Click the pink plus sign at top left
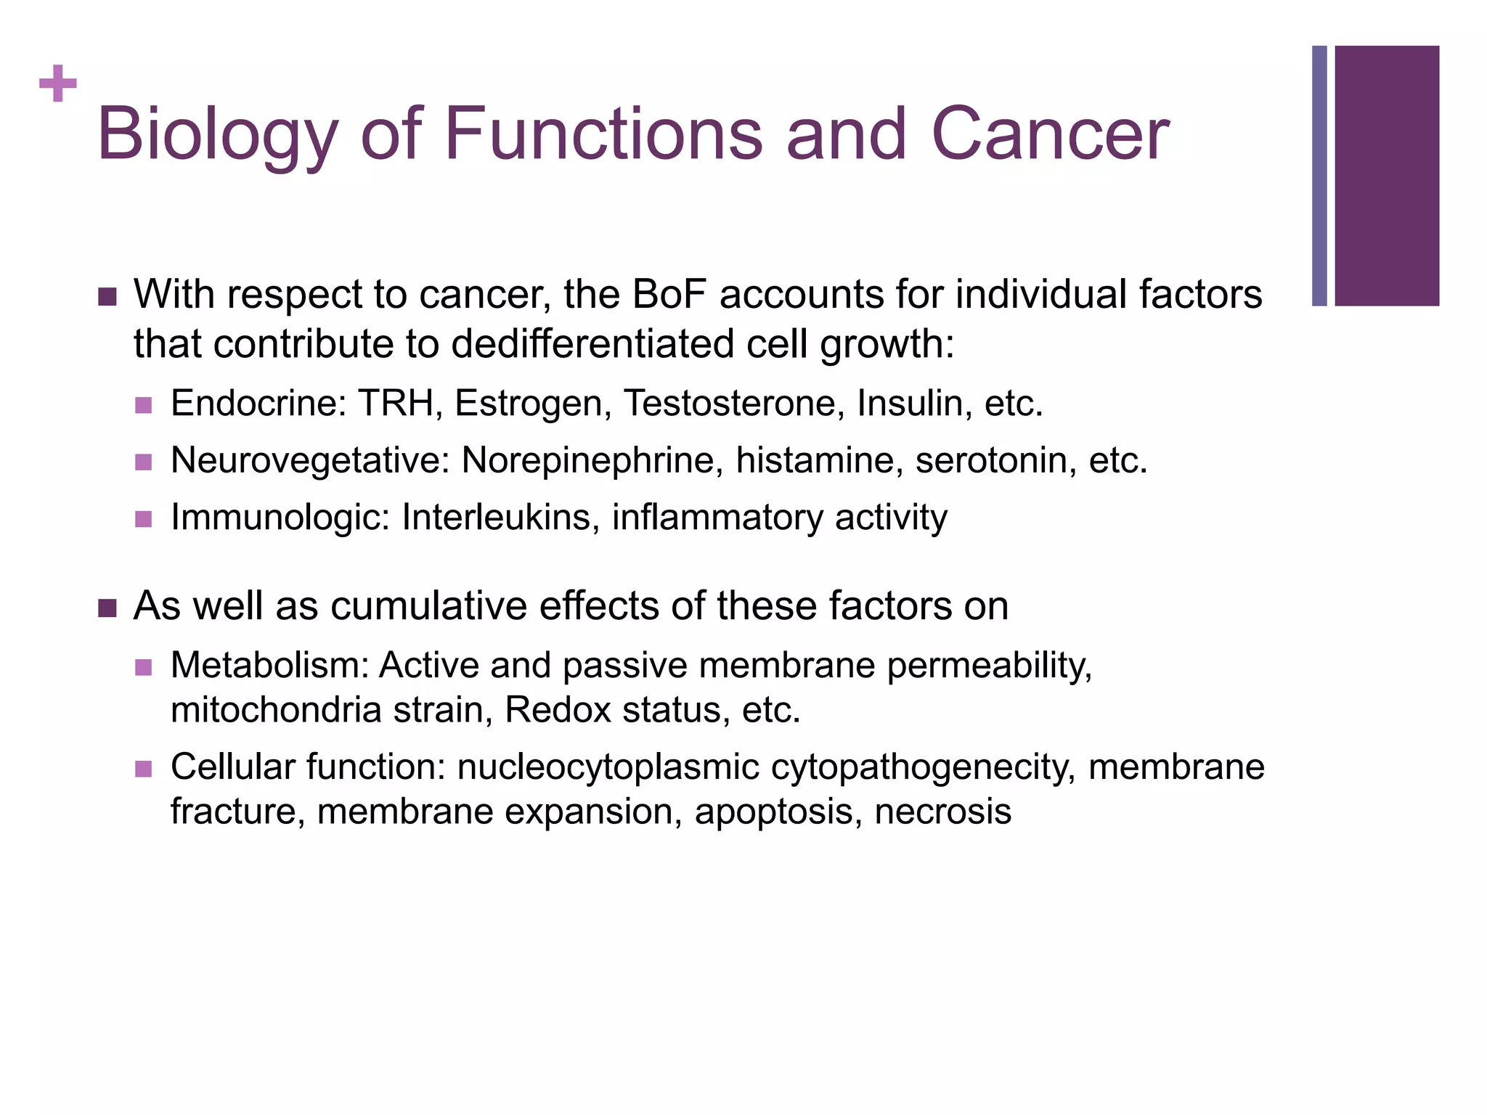58,84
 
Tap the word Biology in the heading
217,134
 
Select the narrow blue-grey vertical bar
1319,176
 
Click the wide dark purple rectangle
1387,176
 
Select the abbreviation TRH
396,403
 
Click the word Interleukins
500,518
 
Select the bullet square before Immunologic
144,519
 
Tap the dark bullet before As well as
107,608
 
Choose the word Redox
558,709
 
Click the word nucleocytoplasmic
608,767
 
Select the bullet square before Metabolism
144,667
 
